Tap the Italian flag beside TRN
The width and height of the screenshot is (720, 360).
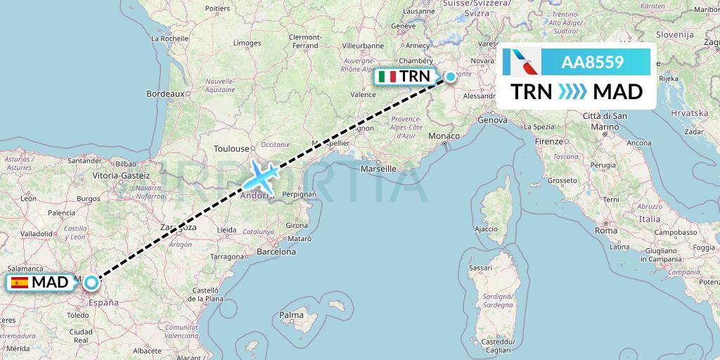pos(386,77)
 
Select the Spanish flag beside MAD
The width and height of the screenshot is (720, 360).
pos(20,283)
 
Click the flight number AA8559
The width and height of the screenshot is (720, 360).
pos(592,62)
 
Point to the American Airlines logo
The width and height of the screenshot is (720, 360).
pos(522,62)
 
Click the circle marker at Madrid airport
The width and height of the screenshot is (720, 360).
pos(91,283)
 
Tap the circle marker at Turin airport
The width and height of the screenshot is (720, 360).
pos(450,77)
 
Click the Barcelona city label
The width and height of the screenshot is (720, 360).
pos(276,251)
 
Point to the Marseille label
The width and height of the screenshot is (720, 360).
pos(378,169)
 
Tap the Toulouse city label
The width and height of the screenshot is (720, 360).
pos(232,148)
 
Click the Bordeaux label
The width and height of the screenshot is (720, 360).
pos(165,93)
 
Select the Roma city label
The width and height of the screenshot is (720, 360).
pos(605,230)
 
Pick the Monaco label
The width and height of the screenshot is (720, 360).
pos(444,135)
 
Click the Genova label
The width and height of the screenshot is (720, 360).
pos(491,120)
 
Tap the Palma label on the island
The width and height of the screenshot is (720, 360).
pos(292,315)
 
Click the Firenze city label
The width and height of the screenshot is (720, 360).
pos(549,141)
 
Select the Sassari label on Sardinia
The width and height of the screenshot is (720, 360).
pos(480,268)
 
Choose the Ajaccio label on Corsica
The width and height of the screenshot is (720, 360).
pos(486,229)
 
